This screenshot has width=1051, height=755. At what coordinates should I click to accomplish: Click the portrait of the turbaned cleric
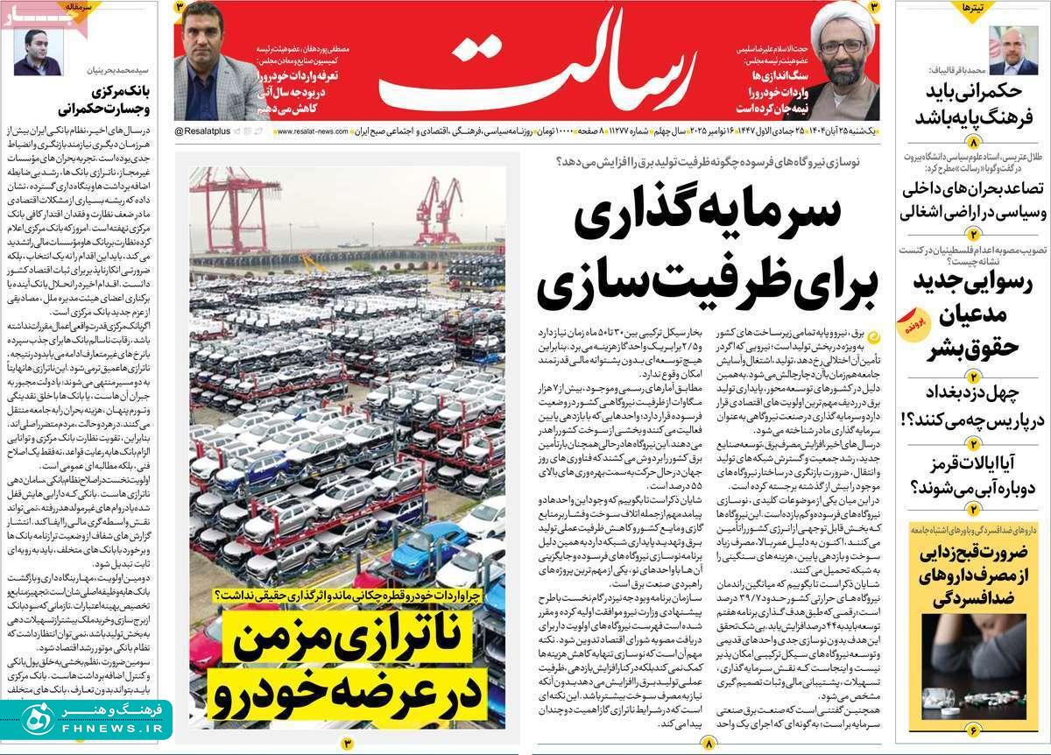(x=843, y=64)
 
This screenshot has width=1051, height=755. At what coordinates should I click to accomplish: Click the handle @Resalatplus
(x=202, y=131)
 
